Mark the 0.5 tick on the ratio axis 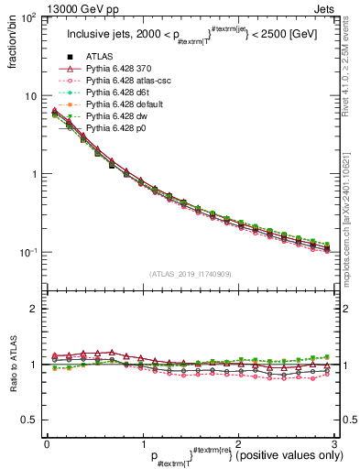tap(28, 420)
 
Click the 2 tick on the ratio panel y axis tap(34, 309)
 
